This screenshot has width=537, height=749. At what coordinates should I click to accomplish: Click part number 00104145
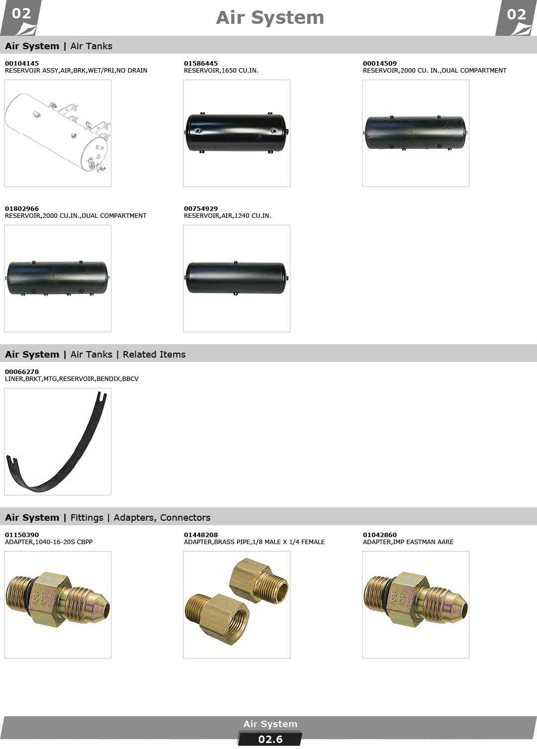(22, 63)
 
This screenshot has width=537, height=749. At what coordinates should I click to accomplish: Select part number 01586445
(200, 63)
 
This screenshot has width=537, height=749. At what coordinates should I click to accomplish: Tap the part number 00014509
(380, 63)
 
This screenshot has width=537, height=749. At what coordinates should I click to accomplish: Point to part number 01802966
(22, 208)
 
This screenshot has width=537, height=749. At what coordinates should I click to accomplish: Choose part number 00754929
(200, 208)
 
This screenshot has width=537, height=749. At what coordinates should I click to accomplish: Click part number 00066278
(22, 372)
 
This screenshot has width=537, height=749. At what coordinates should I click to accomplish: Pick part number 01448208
(200, 535)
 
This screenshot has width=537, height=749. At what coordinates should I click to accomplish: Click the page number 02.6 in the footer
(270, 739)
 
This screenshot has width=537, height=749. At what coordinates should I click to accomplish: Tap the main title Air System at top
(270, 17)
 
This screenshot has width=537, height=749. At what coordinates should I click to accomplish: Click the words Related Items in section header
(154, 354)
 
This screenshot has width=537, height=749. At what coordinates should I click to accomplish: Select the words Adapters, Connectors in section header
(162, 517)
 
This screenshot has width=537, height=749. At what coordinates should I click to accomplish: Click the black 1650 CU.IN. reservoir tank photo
(237, 133)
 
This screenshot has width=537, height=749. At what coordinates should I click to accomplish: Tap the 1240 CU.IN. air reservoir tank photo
(237, 278)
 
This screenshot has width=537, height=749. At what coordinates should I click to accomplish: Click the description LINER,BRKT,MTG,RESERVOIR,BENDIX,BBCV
(72, 379)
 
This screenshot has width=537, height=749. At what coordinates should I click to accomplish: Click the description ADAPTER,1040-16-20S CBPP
(49, 542)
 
